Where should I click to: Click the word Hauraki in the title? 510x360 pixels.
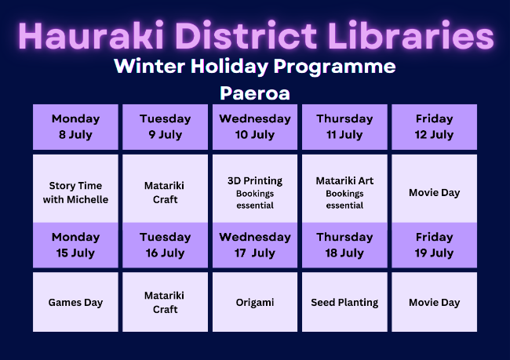(x=91, y=35)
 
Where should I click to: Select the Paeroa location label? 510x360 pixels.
(x=255, y=93)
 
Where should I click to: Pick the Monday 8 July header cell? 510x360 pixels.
(x=75, y=127)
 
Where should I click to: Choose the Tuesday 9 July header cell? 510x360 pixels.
(x=166, y=127)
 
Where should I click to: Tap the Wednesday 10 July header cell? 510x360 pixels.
(x=255, y=127)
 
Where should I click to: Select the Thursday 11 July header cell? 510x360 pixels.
(x=344, y=127)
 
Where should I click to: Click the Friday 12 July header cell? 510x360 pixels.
(x=434, y=127)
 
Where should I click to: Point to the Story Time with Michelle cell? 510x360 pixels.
(x=75, y=188)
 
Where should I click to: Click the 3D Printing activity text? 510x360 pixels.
(x=255, y=181)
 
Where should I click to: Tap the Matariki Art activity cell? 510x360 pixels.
(x=344, y=188)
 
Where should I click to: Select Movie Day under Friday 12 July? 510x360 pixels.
(x=434, y=188)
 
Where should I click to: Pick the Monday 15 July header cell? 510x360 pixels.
(x=75, y=245)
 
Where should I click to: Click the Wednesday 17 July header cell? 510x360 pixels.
(x=255, y=245)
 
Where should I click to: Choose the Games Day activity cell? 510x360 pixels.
(x=75, y=302)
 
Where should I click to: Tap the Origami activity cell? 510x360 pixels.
(x=255, y=302)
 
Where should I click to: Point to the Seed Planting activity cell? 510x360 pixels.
(x=344, y=302)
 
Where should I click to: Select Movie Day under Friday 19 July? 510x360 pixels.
(x=434, y=302)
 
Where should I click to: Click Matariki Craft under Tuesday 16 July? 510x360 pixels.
(x=166, y=302)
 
